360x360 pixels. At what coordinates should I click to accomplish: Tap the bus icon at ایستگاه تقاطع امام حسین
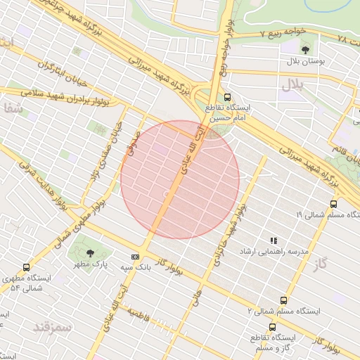click(226, 97)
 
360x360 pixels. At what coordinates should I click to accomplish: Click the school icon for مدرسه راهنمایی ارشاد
click(274, 240)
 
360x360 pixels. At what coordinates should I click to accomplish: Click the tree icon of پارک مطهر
click(89, 252)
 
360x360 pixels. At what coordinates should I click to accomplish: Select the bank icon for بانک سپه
click(135, 257)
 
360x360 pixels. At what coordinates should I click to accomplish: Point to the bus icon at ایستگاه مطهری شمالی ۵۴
click(27, 267)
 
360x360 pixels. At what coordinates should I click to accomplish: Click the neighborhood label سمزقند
click(52, 327)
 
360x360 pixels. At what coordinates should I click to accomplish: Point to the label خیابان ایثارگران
click(46, 67)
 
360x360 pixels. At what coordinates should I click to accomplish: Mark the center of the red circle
click(180, 179)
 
